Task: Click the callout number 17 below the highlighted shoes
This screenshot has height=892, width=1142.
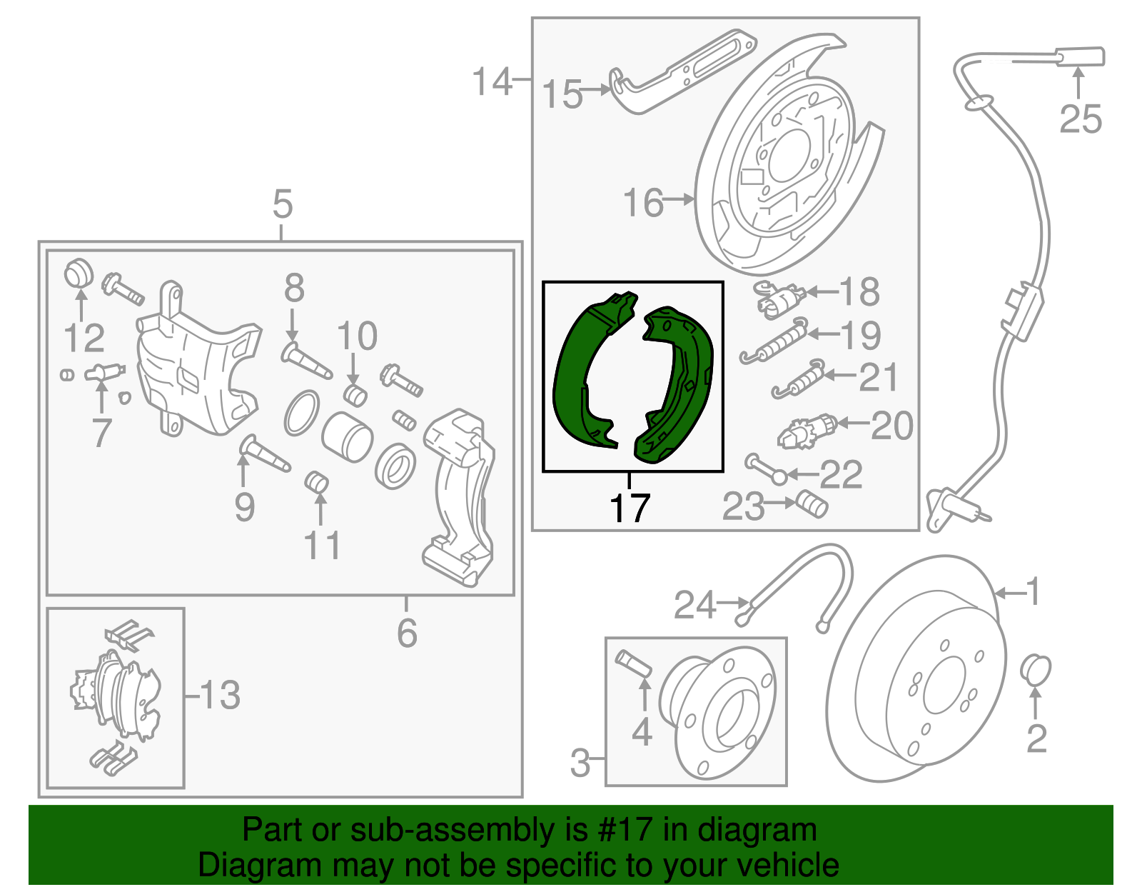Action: (x=630, y=508)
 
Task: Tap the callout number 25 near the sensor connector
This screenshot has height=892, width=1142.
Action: (x=1080, y=119)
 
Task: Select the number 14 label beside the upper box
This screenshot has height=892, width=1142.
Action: (x=492, y=81)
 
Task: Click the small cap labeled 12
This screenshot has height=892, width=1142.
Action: (x=79, y=274)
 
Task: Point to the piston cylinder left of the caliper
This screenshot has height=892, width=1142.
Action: (x=347, y=435)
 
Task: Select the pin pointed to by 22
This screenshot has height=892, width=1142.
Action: (x=764, y=469)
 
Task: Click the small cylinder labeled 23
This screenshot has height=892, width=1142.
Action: (x=812, y=503)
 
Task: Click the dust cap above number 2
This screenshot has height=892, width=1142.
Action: (x=1036, y=668)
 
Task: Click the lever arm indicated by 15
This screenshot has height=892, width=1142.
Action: (x=678, y=71)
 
